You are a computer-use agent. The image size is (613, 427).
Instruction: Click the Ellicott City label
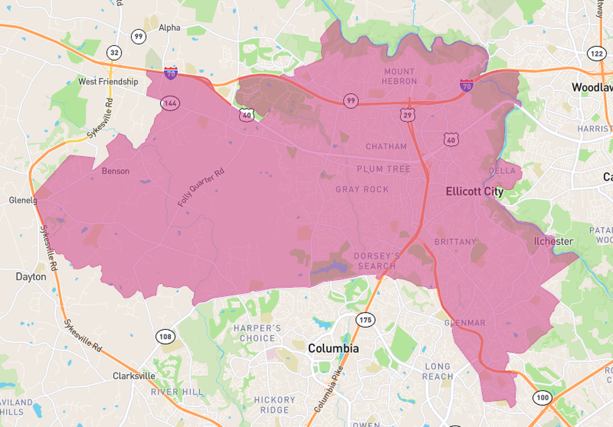pos(474,192)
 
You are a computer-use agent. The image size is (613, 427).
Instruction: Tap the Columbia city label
pos(333,348)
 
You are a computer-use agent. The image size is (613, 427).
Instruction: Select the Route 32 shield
pos(114,53)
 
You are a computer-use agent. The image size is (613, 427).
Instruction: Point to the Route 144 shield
pos(170,103)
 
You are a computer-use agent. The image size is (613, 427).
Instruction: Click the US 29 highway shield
pos(407,114)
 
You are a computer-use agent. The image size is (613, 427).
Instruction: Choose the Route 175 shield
pos(365,320)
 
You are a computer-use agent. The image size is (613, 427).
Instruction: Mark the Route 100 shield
pos(541,398)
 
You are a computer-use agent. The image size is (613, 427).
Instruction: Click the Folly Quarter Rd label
pos(202,187)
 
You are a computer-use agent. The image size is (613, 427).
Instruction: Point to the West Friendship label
pos(108,81)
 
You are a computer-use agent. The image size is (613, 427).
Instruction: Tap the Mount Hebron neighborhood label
pos(399,76)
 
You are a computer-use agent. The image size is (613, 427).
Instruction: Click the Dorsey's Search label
pos(377,260)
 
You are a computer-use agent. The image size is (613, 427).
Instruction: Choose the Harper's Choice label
pos(257,333)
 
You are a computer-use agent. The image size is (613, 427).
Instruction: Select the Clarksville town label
pos(134,376)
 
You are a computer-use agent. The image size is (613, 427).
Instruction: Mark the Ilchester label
pos(553,241)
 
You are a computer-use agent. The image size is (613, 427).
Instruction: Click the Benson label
pos(115,171)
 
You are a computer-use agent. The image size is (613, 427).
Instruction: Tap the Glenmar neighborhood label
pos(465,323)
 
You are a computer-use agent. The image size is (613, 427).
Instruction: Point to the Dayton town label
pos(31,276)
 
